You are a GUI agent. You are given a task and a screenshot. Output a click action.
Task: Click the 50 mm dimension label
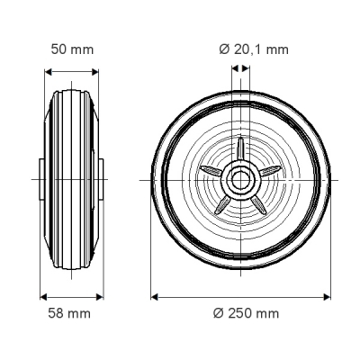pos(72,49)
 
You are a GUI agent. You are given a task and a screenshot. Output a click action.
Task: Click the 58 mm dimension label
pos(69,313)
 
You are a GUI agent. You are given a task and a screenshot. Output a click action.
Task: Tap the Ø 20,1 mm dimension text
pos(254,49)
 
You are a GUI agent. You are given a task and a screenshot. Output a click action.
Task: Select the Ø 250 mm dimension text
pos(246,313)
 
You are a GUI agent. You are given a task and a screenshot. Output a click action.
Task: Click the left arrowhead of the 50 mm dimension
pos(48,72)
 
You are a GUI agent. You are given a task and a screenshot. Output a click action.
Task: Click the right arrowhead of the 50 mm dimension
pos(95,72)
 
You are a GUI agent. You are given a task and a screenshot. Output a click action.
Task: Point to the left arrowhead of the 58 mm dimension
pos(44,297)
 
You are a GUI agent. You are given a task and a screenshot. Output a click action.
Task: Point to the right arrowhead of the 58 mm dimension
pos(100,297)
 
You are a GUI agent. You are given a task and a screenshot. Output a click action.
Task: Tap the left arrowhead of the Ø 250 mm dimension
pos(155,297)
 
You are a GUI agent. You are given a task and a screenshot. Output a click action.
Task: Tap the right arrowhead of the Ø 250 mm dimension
pos(327,297)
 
